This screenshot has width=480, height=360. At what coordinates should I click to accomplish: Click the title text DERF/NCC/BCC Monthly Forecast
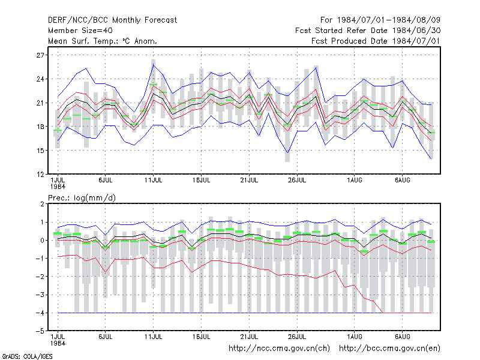point(112,20)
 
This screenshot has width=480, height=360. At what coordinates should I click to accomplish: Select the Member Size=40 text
point(80,31)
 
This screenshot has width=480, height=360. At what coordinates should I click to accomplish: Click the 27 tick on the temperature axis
point(40,55)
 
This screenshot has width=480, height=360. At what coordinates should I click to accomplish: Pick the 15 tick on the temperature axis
point(40,151)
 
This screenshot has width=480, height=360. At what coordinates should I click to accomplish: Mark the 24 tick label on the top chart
point(40,79)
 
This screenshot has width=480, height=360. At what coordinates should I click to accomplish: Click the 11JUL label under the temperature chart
point(154,181)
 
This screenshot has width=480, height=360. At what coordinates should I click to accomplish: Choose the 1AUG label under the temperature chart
point(355,181)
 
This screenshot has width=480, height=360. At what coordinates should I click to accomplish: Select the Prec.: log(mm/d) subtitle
point(82,198)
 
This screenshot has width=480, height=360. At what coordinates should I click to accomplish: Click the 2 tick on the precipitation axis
point(42,204)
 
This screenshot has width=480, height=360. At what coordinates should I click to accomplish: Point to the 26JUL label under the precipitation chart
point(297,337)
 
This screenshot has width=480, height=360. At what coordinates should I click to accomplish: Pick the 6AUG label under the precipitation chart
point(402,337)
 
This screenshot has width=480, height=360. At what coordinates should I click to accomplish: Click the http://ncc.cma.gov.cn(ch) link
point(279,349)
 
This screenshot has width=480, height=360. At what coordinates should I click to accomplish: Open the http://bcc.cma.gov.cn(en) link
point(389,349)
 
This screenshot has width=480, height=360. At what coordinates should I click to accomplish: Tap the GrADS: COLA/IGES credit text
point(27,356)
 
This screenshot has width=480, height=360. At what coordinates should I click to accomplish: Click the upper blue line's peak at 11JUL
point(154,65)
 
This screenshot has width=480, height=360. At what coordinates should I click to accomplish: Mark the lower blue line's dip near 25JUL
point(287,152)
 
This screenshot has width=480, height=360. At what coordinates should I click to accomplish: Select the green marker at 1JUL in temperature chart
point(58,130)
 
